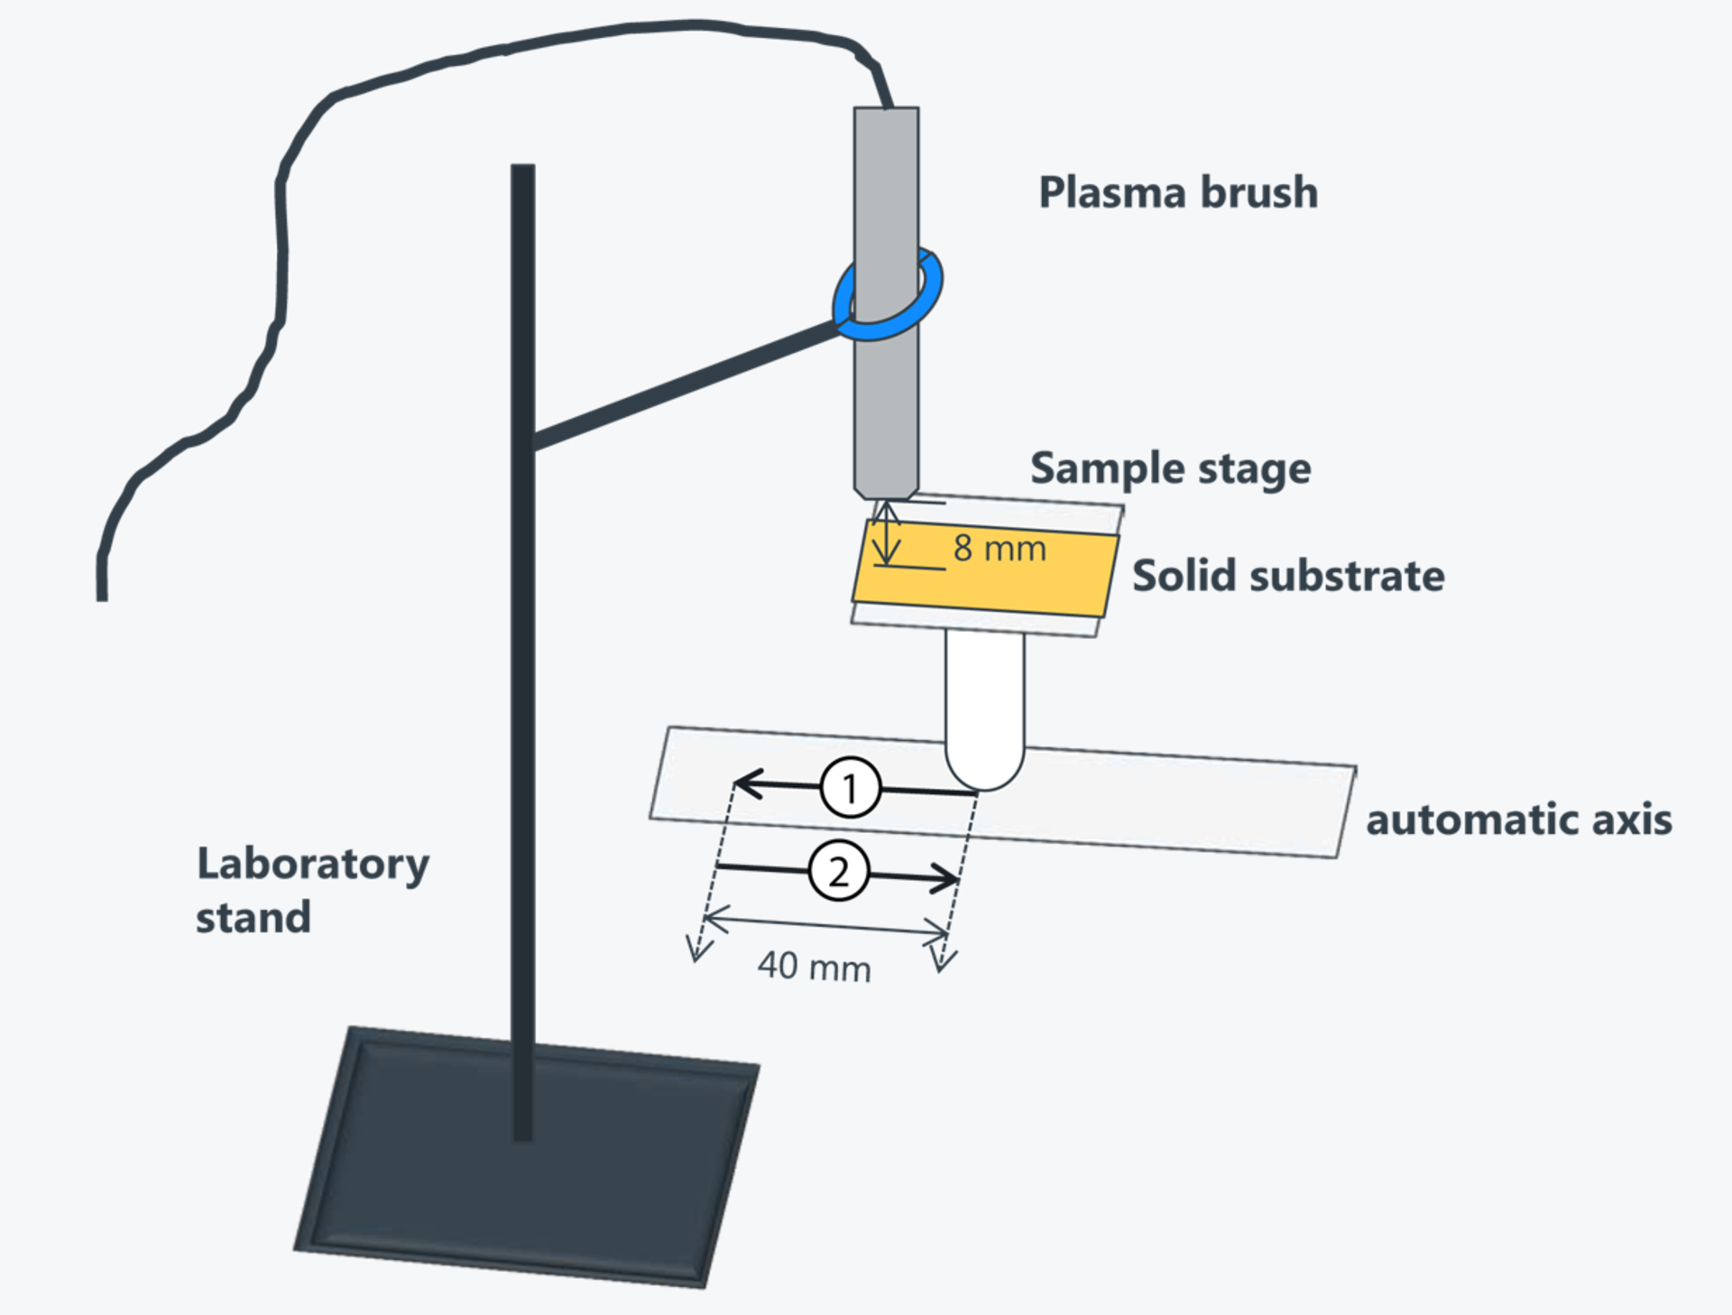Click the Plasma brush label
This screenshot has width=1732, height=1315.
(1178, 192)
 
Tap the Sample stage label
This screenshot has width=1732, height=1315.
(1171, 468)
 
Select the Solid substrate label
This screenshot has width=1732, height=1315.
(1288, 576)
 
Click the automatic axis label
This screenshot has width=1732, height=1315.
(1519, 820)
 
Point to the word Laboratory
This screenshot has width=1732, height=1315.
(313, 865)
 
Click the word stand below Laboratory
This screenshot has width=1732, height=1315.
(253, 918)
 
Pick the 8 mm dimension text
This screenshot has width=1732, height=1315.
(1000, 548)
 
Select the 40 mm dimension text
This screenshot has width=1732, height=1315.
(814, 967)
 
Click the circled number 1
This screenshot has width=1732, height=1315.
(850, 788)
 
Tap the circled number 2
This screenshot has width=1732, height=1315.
(839, 872)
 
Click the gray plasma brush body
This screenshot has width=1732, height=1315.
(886, 298)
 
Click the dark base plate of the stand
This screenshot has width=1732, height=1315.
(527, 1155)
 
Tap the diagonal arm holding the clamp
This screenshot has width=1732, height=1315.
(686, 386)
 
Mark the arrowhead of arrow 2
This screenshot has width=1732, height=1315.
(945, 878)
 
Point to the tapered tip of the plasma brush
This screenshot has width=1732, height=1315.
(886, 492)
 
